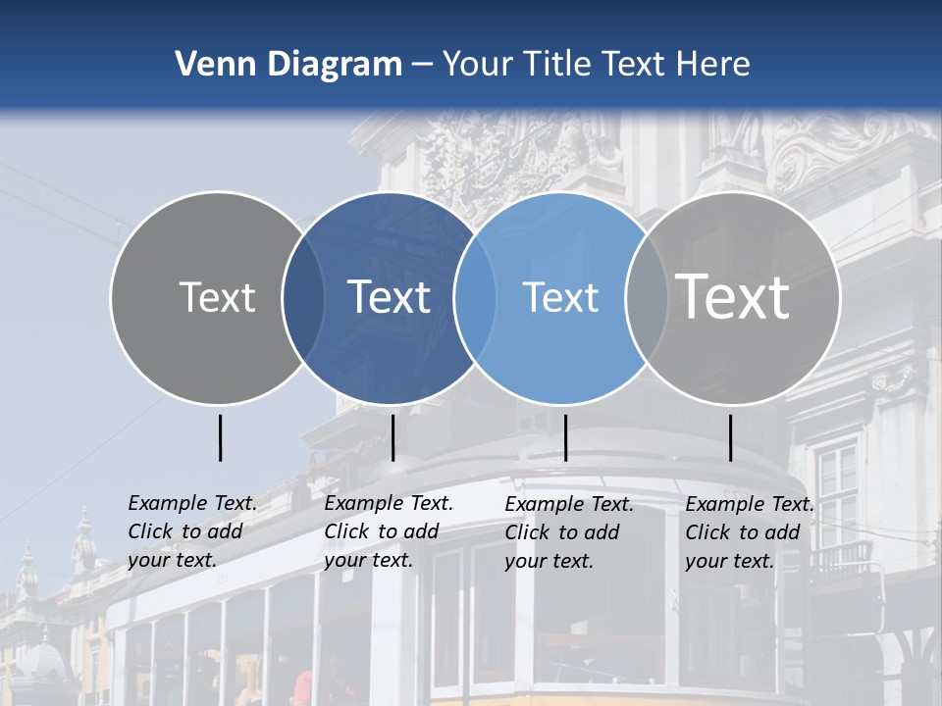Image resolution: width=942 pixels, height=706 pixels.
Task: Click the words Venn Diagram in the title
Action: click(288, 65)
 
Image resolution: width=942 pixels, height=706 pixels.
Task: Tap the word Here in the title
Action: click(713, 65)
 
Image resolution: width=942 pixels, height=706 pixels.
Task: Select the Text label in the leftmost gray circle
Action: click(217, 297)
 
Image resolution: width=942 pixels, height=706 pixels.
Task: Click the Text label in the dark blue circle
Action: click(390, 297)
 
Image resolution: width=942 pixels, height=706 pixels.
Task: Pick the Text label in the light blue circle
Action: click(560, 297)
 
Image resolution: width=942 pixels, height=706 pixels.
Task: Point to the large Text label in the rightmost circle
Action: click(733, 296)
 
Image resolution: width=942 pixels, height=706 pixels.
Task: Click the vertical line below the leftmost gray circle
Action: click(221, 437)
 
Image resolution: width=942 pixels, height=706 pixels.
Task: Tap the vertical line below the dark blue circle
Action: click(392, 437)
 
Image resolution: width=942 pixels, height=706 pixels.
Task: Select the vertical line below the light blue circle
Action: click(566, 437)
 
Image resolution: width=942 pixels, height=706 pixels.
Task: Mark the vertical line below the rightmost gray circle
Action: click(731, 437)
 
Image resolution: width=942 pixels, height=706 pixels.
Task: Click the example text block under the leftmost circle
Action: click(191, 531)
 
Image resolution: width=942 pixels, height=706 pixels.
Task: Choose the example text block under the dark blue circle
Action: click(388, 531)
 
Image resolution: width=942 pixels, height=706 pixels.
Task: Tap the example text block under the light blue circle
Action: click(568, 532)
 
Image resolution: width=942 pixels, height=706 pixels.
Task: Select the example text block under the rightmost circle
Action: click(749, 532)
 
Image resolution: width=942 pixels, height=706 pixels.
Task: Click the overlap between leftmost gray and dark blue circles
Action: click(303, 297)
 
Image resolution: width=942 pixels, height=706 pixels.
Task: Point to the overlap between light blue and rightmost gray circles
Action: click(646, 297)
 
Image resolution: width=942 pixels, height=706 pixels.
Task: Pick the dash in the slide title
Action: click(422, 66)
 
